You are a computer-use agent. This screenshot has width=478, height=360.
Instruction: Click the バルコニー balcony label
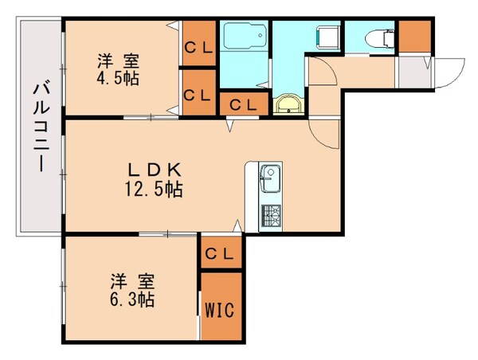coord(38,127)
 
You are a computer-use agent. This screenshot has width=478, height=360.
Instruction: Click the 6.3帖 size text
coord(131,301)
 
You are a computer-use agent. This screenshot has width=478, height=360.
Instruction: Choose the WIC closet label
coord(219,309)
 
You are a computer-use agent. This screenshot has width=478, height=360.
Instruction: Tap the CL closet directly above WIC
coord(219,254)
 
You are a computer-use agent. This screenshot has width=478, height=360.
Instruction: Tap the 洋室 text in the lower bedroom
coord(131,281)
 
